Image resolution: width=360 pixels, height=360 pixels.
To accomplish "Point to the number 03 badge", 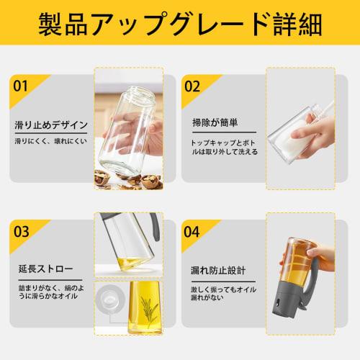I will pos(21,232).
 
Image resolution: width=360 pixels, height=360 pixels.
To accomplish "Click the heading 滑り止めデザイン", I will pos(52,125).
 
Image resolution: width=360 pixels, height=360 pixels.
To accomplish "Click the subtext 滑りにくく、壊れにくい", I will pos(51,141).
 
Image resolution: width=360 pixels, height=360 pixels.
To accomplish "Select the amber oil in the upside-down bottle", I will pos(295,263).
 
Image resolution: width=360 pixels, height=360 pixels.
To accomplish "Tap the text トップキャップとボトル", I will pos(223,141).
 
